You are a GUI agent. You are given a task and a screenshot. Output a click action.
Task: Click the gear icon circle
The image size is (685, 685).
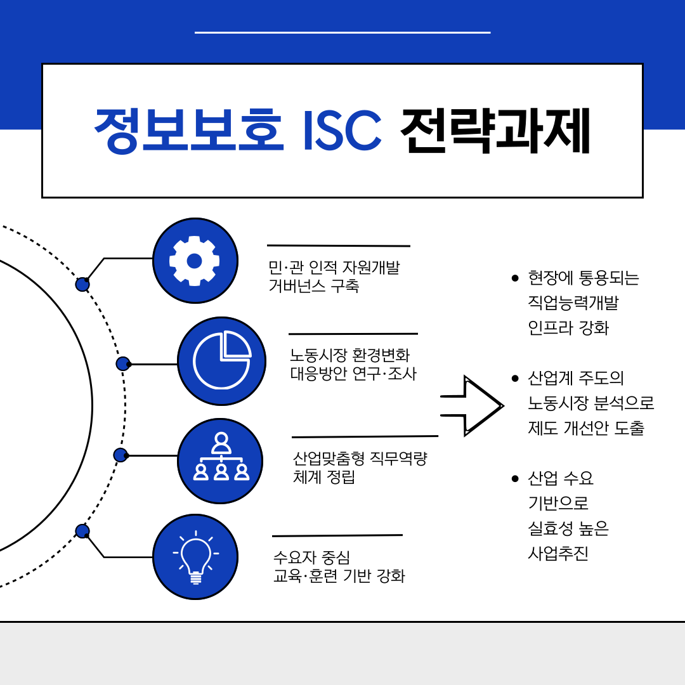point(195,261)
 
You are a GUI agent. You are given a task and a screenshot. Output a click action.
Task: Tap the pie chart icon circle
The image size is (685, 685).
point(221,362)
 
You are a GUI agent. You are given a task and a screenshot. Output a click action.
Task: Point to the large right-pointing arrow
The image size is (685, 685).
point(472,406)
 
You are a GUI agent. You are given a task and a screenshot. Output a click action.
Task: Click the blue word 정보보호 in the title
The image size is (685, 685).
point(189,130)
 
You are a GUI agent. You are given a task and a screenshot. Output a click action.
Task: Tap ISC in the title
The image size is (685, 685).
point(342,130)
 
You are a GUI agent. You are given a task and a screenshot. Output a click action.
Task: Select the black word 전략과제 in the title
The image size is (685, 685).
point(495,130)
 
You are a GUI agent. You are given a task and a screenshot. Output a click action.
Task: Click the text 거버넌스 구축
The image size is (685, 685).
point(314,286)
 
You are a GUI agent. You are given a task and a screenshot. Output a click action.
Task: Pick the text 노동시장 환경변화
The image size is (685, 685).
point(350,355)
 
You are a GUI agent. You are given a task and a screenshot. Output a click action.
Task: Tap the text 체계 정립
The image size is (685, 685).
point(323,477)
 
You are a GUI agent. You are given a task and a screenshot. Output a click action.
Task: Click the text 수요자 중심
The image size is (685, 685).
point(311,558)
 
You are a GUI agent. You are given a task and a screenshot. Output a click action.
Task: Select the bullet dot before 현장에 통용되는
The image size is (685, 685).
point(515,278)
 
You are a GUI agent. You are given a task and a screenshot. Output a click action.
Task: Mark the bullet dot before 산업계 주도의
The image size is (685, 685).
point(515,378)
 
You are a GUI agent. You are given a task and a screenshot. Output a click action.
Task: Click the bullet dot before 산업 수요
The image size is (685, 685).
point(515,479)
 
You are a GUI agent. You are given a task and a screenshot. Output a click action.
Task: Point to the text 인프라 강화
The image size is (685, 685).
point(568,328)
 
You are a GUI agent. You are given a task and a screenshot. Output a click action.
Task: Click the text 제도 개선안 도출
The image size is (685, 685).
point(586,428)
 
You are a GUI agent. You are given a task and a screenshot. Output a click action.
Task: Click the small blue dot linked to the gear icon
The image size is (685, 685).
point(82,284)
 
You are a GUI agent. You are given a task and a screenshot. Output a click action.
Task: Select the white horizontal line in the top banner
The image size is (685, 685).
point(342,32)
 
